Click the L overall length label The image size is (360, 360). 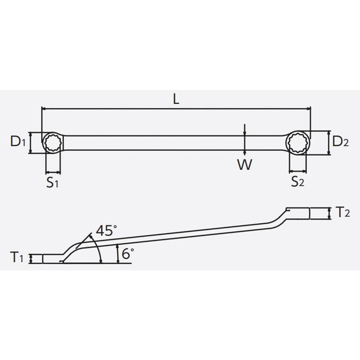pyautogui.click(x=176, y=100)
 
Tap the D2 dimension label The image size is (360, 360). pyautogui.click(x=341, y=143)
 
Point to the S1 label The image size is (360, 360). pyautogui.click(x=54, y=183)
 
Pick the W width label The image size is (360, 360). pyautogui.click(x=244, y=165)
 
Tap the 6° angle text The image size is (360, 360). pyautogui.click(x=128, y=253)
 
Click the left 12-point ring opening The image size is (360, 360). pyautogui.click(x=53, y=143)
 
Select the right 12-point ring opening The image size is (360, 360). pyautogui.click(x=298, y=143)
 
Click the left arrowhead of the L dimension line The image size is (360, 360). pyautogui.click(x=44, y=108)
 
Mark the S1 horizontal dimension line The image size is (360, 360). pyautogui.click(x=53, y=172)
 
